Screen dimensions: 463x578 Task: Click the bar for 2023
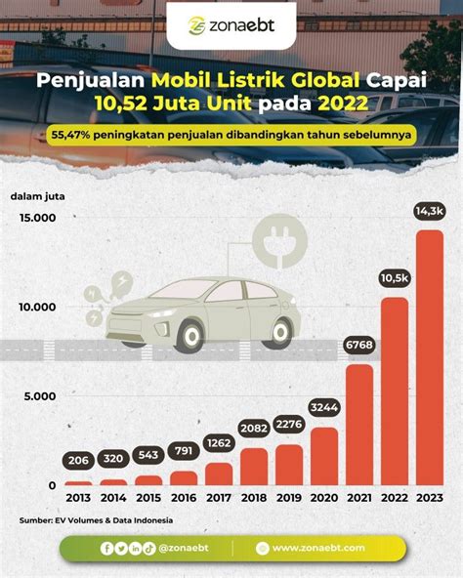tap(430, 357)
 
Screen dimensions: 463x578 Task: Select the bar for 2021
tap(359, 425)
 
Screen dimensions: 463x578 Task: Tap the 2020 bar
tap(324, 456)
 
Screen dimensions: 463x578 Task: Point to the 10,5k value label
tap(395, 278)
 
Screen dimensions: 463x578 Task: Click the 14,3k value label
tap(430, 211)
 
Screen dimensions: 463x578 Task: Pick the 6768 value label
tap(359, 345)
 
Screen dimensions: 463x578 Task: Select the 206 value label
tap(78, 460)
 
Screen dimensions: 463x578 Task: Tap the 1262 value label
tap(219, 442)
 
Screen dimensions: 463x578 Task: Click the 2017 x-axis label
tap(219, 498)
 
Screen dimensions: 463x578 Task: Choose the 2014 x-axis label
tap(113, 498)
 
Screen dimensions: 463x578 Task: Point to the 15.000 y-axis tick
tap(38, 218)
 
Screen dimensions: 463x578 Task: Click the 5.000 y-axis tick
tap(40, 396)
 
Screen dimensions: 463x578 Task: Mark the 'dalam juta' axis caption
tap(38, 196)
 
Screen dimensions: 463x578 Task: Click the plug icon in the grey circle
tap(280, 241)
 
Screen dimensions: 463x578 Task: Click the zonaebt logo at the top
tap(231, 25)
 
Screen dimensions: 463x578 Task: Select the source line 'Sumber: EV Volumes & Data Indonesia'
tap(96, 520)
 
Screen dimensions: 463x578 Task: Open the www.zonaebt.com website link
tap(318, 548)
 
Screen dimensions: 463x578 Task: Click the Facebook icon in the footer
tap(107, 549)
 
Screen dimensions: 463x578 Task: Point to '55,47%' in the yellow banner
tap(70, 135)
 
